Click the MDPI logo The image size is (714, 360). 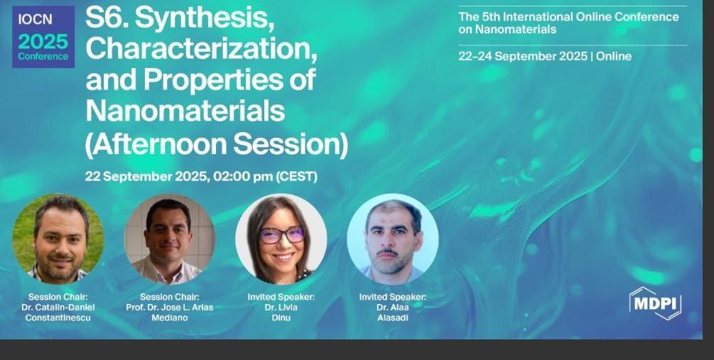coord(655,303)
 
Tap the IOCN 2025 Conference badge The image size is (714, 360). coord(43,37)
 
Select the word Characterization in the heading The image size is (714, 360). coord(201,49)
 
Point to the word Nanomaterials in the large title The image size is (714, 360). coord(185,110)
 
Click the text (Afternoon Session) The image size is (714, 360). coord(217,144)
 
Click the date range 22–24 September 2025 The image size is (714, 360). coord(523,56)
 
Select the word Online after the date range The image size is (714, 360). coord(614,56)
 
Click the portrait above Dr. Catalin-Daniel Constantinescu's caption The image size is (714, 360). coord(58,239)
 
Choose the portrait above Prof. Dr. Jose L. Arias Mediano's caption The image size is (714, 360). coord(169,239)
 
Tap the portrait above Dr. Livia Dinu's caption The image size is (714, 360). coord(281,239)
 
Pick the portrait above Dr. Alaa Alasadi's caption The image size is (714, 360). coord(393,239)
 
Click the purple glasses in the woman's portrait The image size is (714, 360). coord(281,235)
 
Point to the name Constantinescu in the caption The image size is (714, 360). coord(58,317)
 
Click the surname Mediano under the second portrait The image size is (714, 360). coord(169,317)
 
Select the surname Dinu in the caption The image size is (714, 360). coord(281,317)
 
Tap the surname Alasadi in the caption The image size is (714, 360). coord(392,317)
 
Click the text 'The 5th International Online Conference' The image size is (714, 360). coord(569,17)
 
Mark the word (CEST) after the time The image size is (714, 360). coord(297,177)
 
